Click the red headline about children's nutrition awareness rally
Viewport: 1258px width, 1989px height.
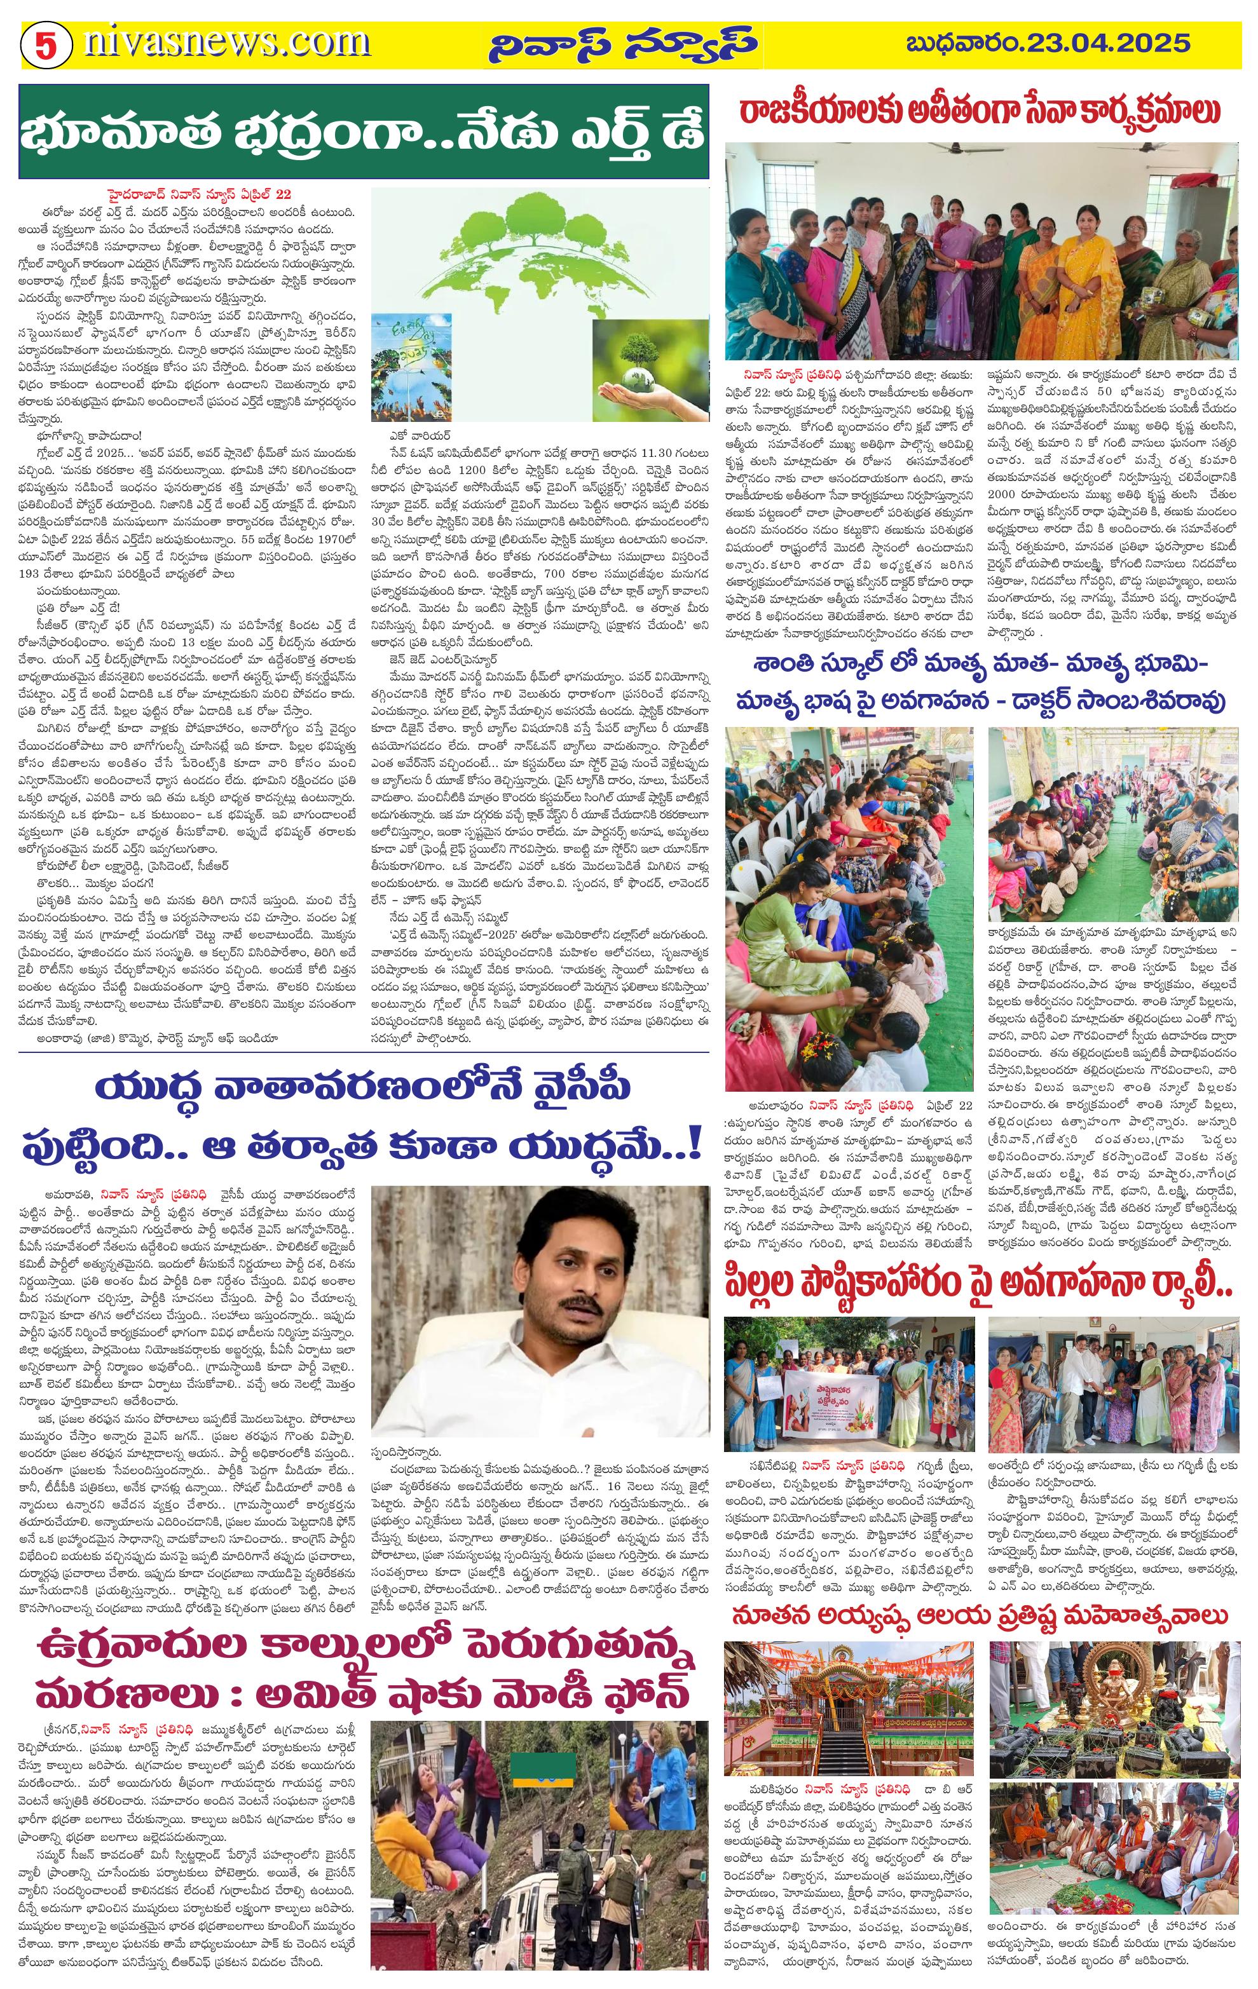(x=980, y=1294)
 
